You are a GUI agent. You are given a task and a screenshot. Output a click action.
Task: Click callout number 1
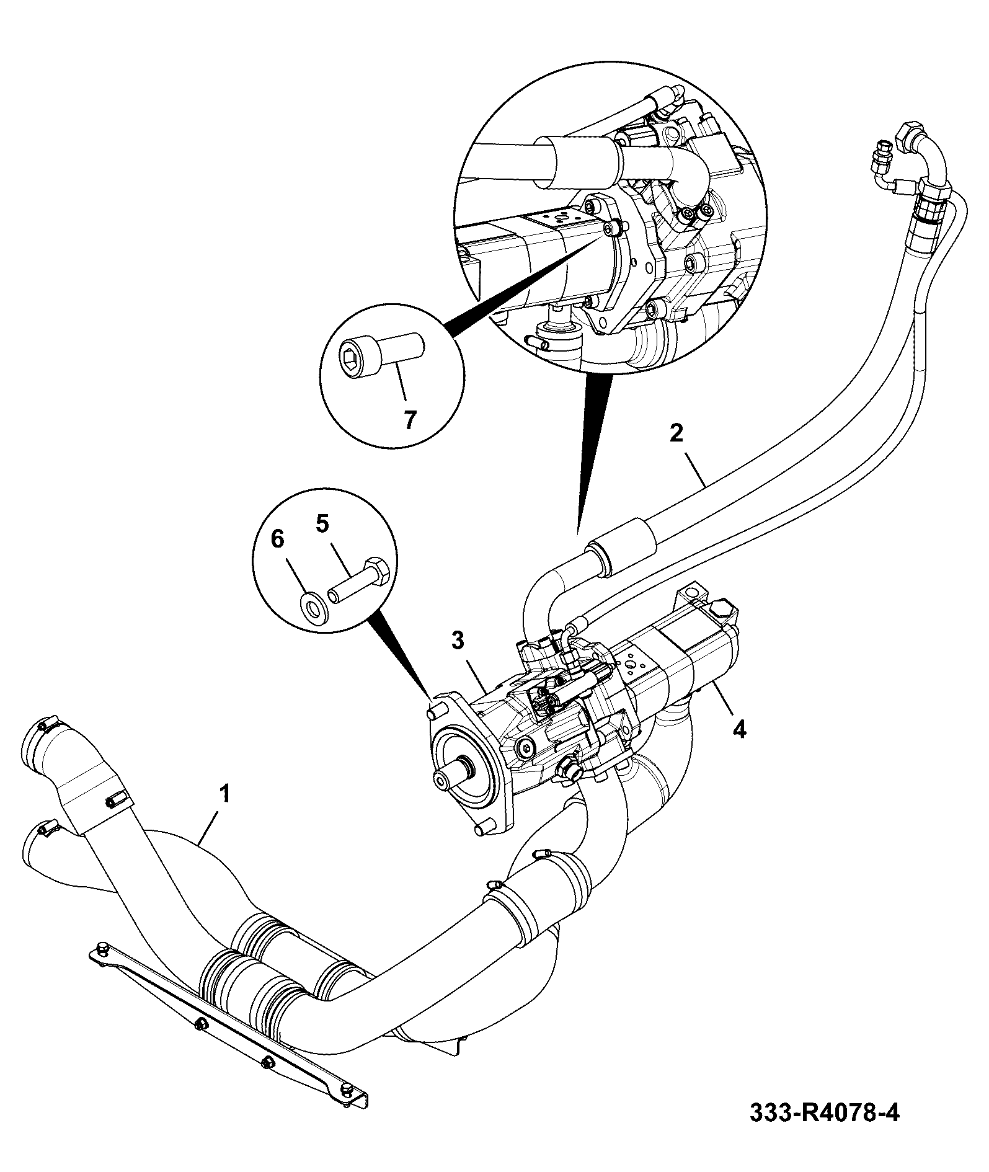[225, 794]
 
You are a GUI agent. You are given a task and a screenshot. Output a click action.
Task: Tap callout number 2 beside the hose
[676, 432]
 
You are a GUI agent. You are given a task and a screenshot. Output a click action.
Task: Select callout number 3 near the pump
[458, 641]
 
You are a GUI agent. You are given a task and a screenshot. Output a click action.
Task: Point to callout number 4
[739, 729]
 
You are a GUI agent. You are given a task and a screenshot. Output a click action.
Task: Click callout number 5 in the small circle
[322, 524]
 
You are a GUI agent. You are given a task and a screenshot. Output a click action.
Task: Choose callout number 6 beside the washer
[278, 539]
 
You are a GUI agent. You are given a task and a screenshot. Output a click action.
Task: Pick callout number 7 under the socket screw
[410, 420]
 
